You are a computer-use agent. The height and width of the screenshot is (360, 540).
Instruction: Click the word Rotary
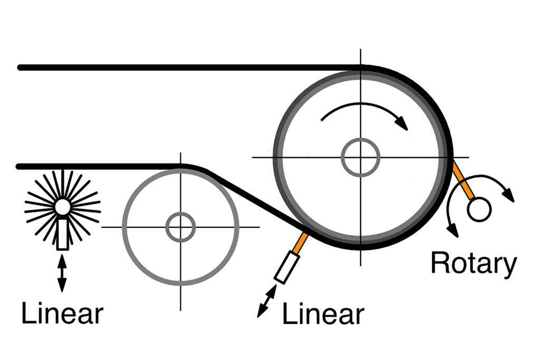(473, 264)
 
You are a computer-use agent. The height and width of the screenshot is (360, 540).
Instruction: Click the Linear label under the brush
(62, 314)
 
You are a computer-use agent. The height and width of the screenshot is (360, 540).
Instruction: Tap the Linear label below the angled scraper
(323, 314)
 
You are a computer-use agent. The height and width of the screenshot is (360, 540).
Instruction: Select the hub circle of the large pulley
(360, 157)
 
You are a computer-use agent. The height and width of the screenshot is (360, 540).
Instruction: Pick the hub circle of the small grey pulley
(180, 227)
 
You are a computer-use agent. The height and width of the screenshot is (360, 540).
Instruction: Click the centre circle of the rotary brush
(62, 207)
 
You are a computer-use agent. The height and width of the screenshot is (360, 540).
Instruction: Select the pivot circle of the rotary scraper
(479, 210)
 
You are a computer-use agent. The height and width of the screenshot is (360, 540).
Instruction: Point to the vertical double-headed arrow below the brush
(62, 273)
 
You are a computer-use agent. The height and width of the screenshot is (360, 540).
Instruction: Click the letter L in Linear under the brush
(27, 314)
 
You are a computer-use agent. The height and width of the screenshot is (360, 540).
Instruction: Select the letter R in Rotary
(440, 264)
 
